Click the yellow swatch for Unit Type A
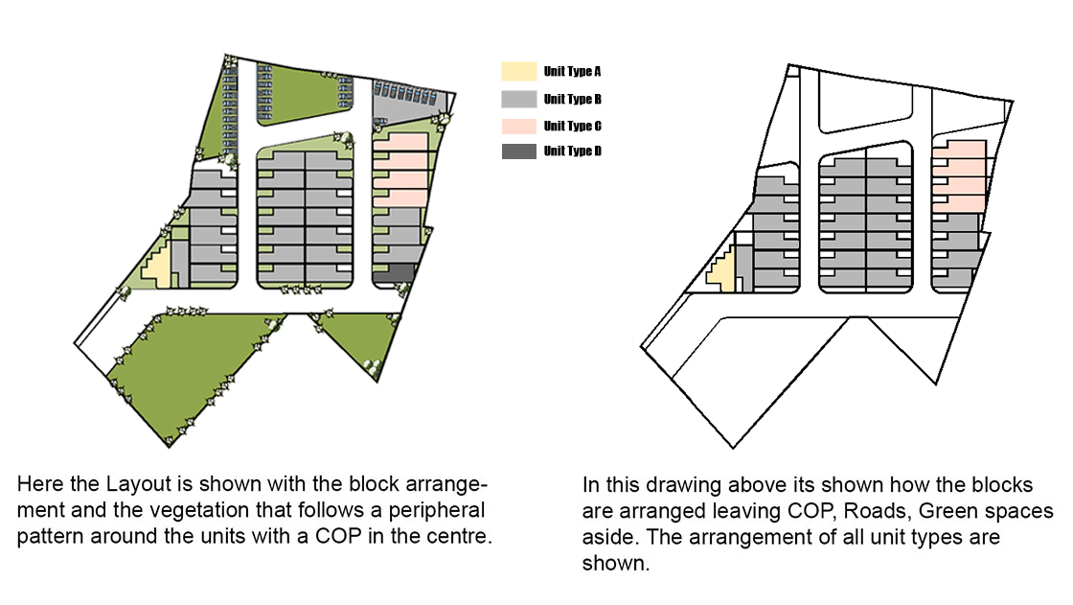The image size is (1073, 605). tap(518, 71)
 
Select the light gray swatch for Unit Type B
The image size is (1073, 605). tap(518, 100)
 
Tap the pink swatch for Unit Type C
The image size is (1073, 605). tap(518, 126)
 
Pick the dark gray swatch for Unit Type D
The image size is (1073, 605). tap(518, 151)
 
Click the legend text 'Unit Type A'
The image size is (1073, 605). tap(572, 71)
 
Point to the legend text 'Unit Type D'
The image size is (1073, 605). tap(572, 151)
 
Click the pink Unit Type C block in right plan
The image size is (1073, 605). tap(959, 176)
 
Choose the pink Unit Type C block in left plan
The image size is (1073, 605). tap(401, 170)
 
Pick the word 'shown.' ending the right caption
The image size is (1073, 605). tap(616, 563)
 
